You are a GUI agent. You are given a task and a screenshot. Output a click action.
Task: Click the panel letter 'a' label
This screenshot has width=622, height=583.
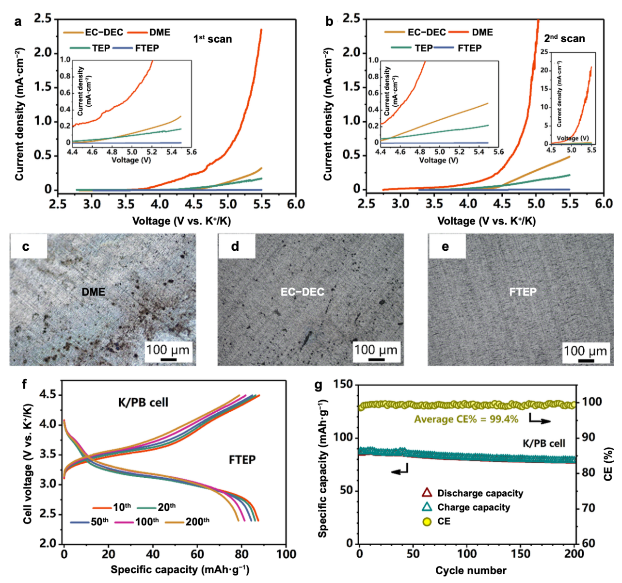(18, 22)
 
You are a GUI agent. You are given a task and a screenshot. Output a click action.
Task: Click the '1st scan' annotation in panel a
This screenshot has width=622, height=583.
(212, 39)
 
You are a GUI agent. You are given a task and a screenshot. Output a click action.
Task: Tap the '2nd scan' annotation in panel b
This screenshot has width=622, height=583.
(564, 38)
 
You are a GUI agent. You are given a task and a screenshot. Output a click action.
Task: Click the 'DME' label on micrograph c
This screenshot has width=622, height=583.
(94, 291)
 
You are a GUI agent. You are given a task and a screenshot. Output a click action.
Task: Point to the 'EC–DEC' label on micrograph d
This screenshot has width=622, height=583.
(303, 291)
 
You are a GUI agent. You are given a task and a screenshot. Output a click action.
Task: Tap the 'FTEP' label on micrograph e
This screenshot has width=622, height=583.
(523, 291)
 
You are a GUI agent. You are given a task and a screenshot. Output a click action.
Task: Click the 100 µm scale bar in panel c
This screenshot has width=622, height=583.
(168, 359)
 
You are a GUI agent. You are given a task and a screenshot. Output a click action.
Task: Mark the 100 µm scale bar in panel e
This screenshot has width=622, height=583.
(585, 360)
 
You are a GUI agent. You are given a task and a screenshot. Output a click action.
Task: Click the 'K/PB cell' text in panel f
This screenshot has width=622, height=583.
(143, 402)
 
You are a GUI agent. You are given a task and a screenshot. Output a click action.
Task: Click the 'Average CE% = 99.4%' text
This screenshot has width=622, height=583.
(466, 419)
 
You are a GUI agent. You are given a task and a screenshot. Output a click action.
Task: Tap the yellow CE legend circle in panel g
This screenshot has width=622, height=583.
(427, 522)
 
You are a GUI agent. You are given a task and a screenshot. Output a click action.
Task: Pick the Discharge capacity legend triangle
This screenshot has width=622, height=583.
(427, 493)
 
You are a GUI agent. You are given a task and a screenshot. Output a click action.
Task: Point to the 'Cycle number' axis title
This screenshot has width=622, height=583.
(470, 570)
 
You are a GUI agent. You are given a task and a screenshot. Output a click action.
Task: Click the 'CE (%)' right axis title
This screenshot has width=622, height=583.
(608, 464)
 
